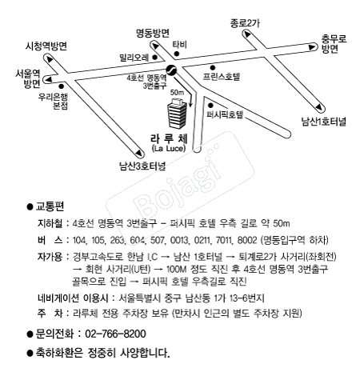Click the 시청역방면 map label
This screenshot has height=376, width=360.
pyautogui.click(x=46, y=46)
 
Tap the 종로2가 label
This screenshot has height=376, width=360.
pyautogui.click(x=245, y=23)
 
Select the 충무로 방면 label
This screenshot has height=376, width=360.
pyautogui.click(x=334, y=44)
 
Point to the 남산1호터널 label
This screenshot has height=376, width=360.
pyautogui.click(x=323, y=122)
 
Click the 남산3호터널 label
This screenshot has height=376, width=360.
pyautogui.click(x=142, y=166)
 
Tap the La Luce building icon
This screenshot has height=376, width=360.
pyautogui.click(x=177, y=113)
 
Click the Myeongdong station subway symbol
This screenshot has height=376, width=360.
pyautogui.click(x=171, y=70)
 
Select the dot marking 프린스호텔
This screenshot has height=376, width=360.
pyautogui.click(x=212, y=68)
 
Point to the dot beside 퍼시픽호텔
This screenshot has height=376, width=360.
pyautogui.click(x=210, y=106)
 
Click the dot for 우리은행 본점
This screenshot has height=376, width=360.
pyautogui.click(x=62, y=86)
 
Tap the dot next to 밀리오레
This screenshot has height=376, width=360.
pyautogui.click(x=154, y=58)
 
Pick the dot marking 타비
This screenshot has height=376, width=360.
pyautogui.click(x=176, y=54)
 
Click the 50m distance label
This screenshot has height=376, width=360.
pyautogui.click(x=177, y=93)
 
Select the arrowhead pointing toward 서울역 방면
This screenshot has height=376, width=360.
pyautogui.click(x=48, y=79)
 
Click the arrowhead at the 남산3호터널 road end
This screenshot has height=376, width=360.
pyautogui.click(x=138, y=153)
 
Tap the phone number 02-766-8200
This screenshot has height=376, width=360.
pyautogui.click(x=115, y=334)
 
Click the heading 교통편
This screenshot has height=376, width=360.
pyautogui.click(x=50, y=206)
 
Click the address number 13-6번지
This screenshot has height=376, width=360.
pyautogui.click(x=246, y=298)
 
